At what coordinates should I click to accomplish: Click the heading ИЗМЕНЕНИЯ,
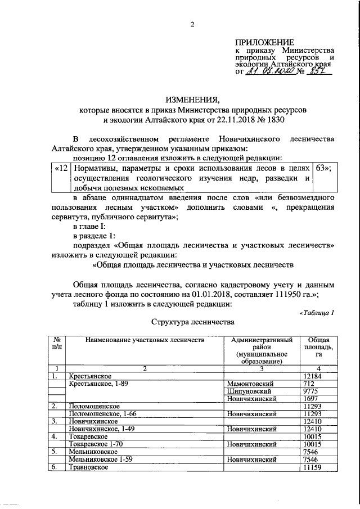191,99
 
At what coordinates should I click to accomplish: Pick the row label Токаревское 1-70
96,444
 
